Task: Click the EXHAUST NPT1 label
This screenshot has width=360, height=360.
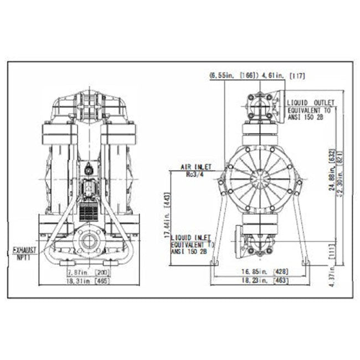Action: [x=23, y=254]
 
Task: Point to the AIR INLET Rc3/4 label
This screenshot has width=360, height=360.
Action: [x=192, y=169]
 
